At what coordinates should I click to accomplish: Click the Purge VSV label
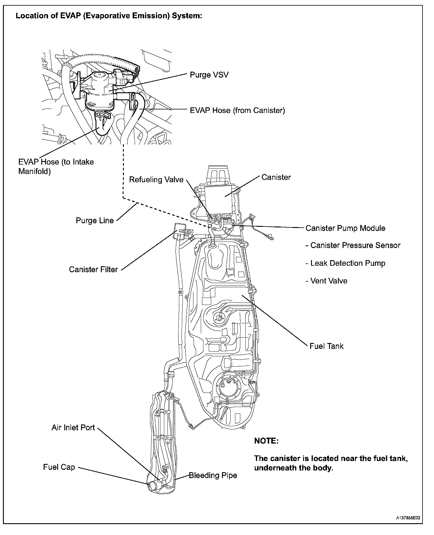209,75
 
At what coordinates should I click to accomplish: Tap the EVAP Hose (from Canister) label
237,111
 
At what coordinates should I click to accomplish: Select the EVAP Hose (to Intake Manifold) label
56,167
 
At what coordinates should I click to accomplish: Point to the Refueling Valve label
156,180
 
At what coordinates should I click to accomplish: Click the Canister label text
276,178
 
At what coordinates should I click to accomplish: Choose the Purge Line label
95,221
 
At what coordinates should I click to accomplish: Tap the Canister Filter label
93,270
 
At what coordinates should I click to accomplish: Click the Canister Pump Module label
345,228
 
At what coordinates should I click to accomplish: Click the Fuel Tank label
326,346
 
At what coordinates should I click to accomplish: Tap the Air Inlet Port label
73,428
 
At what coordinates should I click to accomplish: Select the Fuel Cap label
59,467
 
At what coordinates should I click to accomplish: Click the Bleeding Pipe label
213,475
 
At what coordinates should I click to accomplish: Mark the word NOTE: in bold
266,441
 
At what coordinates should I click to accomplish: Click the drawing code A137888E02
408,517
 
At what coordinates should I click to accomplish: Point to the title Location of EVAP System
109,16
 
